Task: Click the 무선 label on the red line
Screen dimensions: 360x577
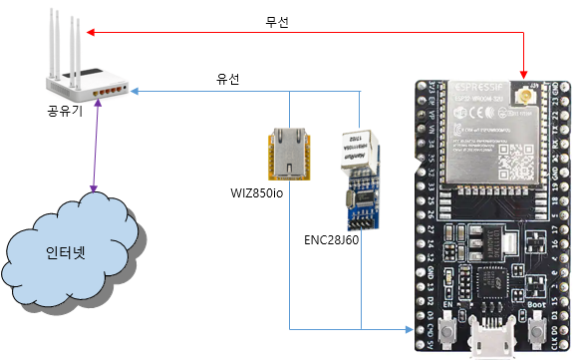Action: click(277, 20)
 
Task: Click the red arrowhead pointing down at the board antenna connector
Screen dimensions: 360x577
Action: click(522, 70)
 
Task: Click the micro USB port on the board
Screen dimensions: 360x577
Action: click(492, 342)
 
